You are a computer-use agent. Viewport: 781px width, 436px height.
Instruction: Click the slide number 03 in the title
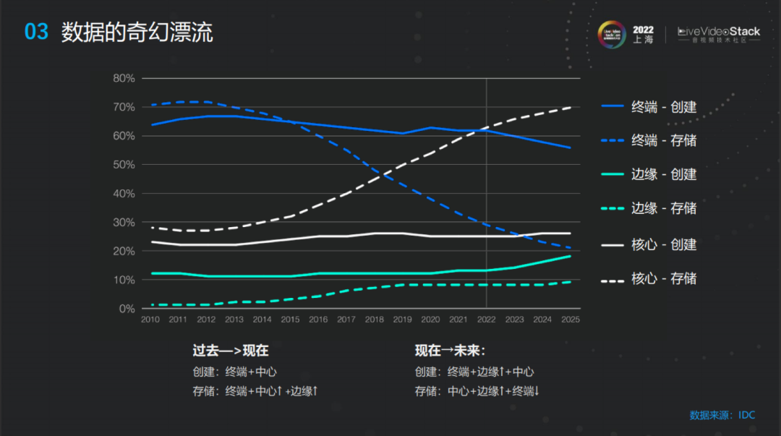coord(36,32)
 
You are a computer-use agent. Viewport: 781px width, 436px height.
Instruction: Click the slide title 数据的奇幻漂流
coord(137,32)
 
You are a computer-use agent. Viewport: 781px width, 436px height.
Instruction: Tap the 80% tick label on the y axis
coord(124,78)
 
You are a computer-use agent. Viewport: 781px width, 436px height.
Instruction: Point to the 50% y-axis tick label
coord(124,165)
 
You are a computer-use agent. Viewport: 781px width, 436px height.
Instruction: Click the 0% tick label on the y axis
coord(127,309)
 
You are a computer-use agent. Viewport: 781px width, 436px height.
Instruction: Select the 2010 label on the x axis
coord(150,320)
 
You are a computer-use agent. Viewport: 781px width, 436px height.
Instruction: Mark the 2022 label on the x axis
coord(486,320)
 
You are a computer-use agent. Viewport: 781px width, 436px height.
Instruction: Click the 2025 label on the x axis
coord(570,320)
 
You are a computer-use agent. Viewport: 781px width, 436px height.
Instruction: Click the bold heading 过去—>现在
coord(231,351)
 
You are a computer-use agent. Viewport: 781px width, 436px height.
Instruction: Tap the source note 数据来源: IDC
coord(722,415)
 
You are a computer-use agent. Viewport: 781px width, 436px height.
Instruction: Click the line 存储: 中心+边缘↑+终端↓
coord(478,391)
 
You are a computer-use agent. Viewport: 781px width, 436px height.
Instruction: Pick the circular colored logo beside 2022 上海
coord(613,35)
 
